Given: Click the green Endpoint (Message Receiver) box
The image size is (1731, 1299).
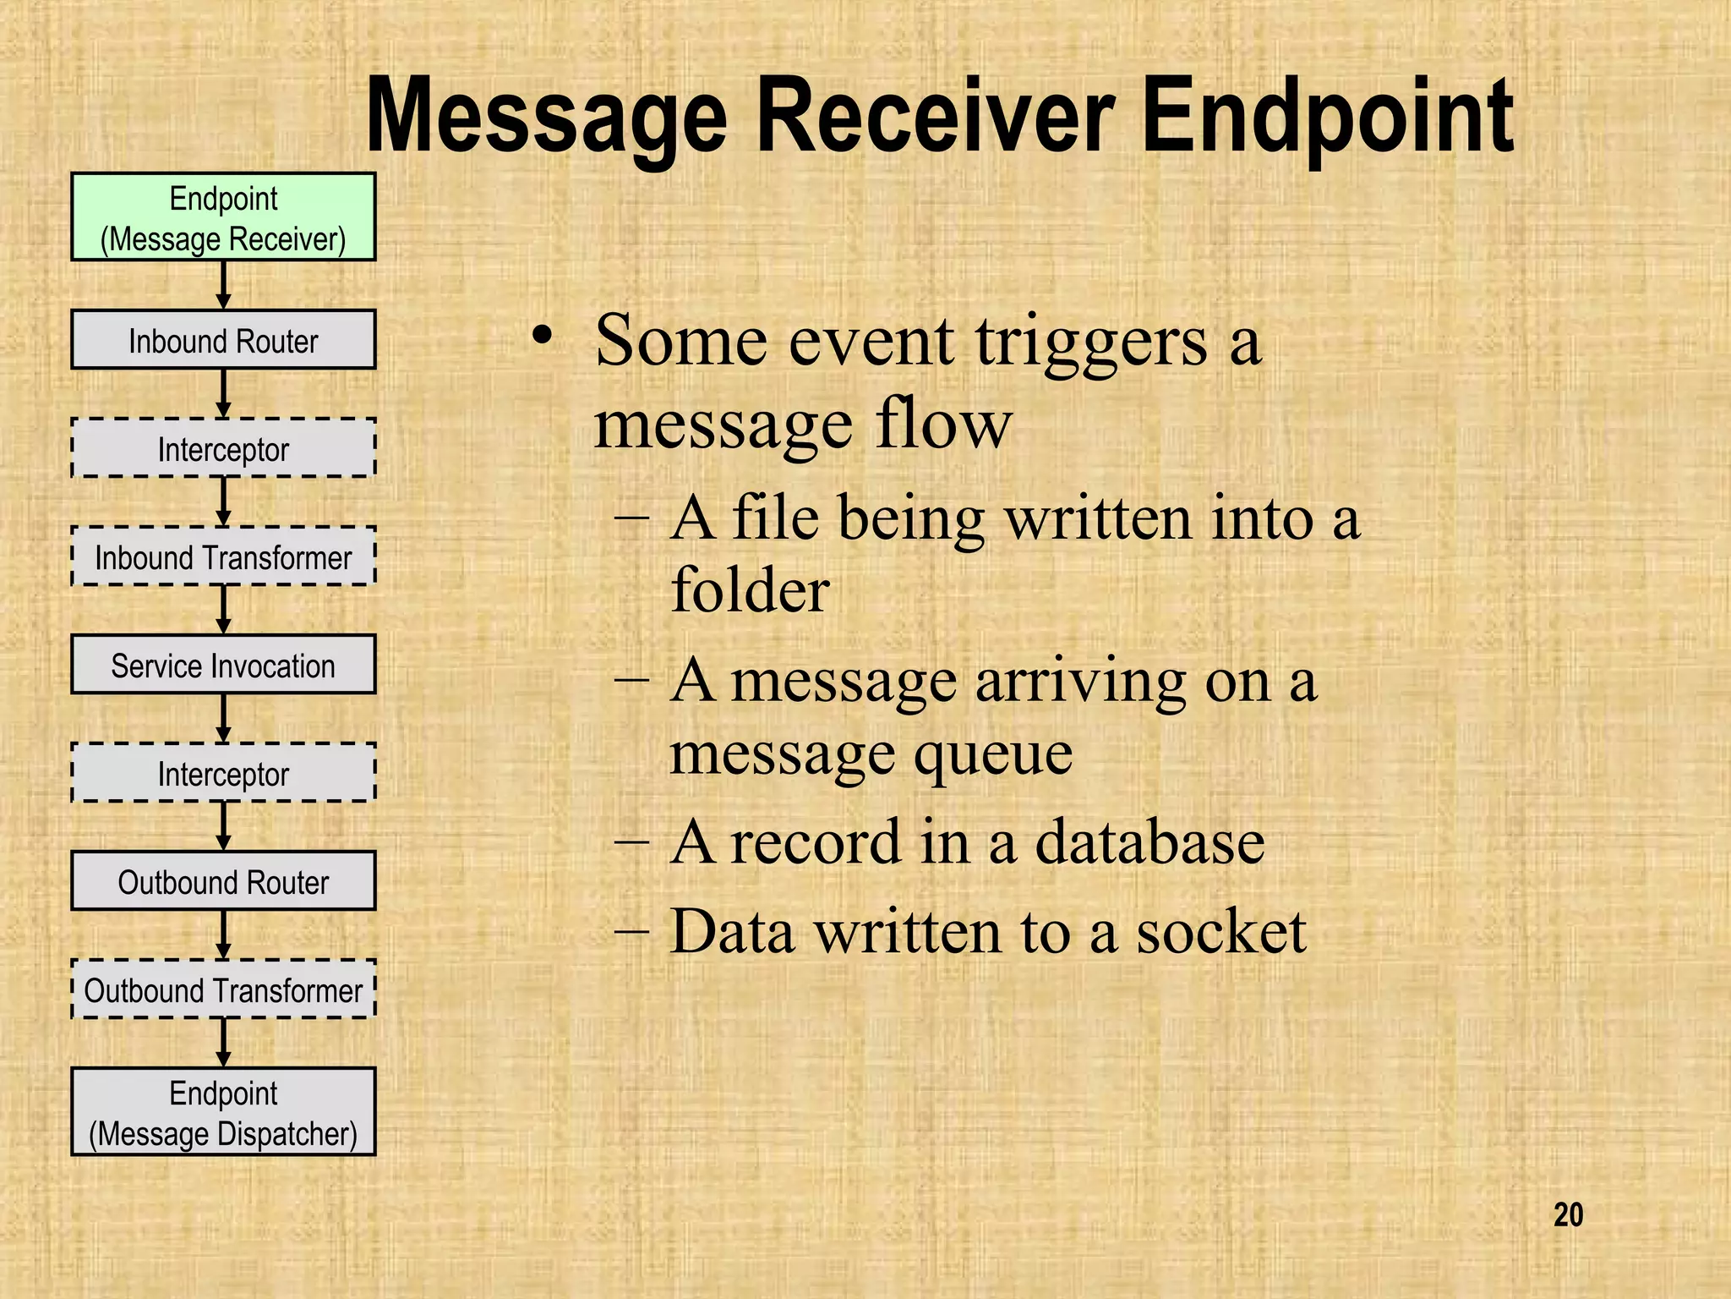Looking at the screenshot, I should (223, 217).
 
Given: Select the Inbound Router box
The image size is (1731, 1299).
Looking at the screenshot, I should (223, 340).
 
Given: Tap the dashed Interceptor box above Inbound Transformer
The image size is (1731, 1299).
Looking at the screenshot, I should (223, 448).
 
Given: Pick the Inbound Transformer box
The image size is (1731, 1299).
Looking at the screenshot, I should (223, 556).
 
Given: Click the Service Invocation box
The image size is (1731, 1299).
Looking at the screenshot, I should (223, 665).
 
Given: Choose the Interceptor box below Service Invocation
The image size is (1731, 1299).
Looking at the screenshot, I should (223, 773).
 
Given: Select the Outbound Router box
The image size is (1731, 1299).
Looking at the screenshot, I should (223, 881).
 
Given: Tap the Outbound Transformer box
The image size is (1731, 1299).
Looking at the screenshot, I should (223, 989).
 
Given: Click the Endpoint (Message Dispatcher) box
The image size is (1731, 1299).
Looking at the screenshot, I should (223, 1112).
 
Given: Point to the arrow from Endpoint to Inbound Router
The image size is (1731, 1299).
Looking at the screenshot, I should (223, 285).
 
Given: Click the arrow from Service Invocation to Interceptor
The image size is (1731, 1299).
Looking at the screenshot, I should (223, 718).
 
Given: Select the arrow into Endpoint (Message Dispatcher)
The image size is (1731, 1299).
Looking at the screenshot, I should (223, 1042).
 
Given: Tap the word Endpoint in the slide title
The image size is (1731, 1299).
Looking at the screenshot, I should (1327, 118).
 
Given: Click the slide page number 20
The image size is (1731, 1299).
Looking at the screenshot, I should (1568, 1215).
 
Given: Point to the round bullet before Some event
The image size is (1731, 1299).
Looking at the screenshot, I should (542, 336).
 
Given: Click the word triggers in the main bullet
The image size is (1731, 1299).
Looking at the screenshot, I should (1091, 343).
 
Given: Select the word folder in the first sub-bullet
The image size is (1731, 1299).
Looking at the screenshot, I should (750, 589).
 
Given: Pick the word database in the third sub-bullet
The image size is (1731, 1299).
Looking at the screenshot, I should (1149, 842).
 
